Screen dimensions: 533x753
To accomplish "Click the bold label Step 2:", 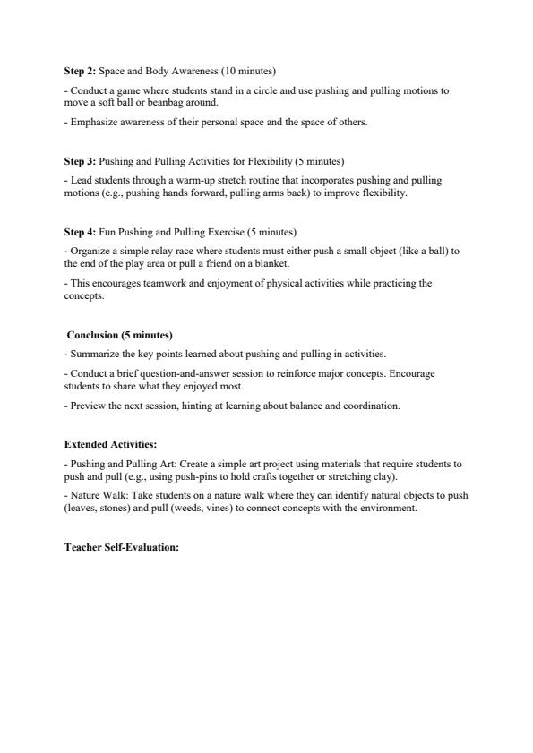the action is click(80, 70).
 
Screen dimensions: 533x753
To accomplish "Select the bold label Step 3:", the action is click(80, 161).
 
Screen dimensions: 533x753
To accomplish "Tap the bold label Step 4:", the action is click(80, 232).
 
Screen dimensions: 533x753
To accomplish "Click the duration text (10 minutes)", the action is click(250, 70).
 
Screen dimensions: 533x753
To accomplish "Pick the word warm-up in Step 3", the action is click(202, 181).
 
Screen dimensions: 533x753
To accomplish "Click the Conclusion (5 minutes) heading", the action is click(119, 335).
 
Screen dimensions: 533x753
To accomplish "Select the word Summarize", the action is click(94, 354).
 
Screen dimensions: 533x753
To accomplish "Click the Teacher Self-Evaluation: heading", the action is click(122, 545).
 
